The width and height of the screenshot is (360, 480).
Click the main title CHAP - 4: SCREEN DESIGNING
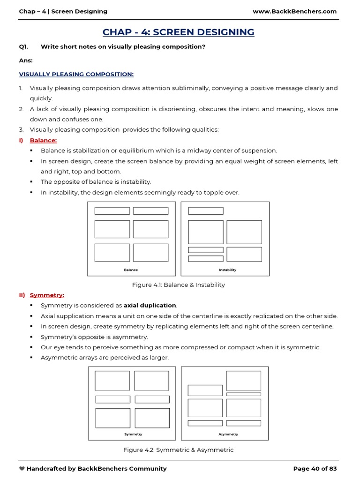(178, 32)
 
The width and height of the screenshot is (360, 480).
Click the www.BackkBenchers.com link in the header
(294, 11)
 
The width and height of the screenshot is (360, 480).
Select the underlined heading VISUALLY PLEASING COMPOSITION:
(76, 74)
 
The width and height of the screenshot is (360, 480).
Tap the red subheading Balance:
(43, 140)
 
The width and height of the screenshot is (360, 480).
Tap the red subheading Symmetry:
(47, 295)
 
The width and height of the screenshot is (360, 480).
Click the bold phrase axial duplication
(150, 306)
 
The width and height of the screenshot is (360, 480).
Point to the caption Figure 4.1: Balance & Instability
(178, 285)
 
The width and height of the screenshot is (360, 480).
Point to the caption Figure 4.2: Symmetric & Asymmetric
(178, 450)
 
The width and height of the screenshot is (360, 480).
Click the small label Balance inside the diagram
(131, 270)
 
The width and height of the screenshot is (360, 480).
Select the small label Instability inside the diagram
(227, 270)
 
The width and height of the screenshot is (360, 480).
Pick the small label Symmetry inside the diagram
(133, 434)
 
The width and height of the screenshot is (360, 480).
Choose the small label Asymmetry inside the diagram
(228, 434)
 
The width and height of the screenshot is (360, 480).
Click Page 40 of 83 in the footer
(315, 468)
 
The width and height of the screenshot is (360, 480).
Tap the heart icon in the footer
(22, 468)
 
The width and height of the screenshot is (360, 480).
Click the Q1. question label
(24, 46)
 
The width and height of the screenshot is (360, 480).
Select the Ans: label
(25, 60)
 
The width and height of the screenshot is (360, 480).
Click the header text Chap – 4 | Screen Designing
(63, 11)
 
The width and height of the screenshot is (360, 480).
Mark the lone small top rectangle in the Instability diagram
(206, 211)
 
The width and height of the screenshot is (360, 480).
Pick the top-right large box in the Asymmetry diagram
(244, 381)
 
